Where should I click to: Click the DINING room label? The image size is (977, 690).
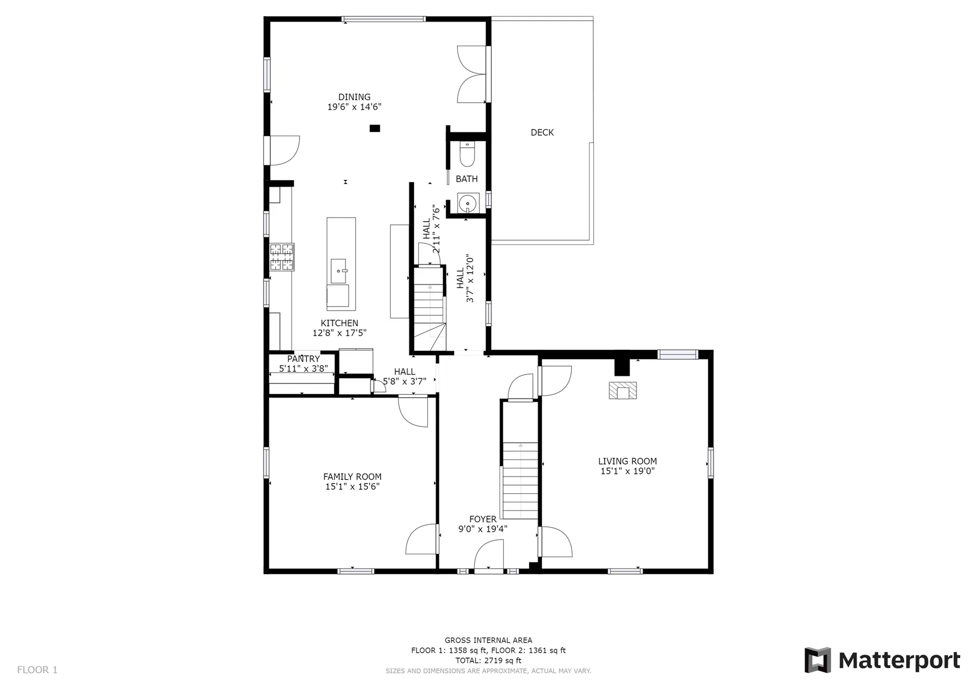tap(354, 97)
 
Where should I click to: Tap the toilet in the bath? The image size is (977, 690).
tap(467, 154)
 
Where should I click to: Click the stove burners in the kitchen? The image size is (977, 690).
tap(281, 257)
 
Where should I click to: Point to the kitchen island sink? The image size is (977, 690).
tap(338, 271)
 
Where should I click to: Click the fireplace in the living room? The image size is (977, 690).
tap(623, 391)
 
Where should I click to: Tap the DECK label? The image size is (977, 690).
tap(542, 133)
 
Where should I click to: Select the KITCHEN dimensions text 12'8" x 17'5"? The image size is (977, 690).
tap(339, 333)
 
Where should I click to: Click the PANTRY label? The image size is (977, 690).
tap(303, 359)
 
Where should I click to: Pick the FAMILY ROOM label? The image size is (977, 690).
tap(352, 476)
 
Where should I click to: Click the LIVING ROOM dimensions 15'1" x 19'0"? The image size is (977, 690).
tap(627, 471)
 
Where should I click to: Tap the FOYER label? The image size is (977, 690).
tap(483, 519)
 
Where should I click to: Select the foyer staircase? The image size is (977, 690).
tap(520, 481)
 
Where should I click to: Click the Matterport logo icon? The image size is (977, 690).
tap(817, 660)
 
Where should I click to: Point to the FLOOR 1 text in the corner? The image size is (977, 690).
tap(38, 670)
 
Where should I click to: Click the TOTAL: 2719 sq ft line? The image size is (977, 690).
tap(489, 661)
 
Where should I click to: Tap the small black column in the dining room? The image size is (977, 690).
tap(375, 129)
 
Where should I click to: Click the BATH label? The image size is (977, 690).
tap(467, 179)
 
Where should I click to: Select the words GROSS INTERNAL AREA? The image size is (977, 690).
tap(489, 640)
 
